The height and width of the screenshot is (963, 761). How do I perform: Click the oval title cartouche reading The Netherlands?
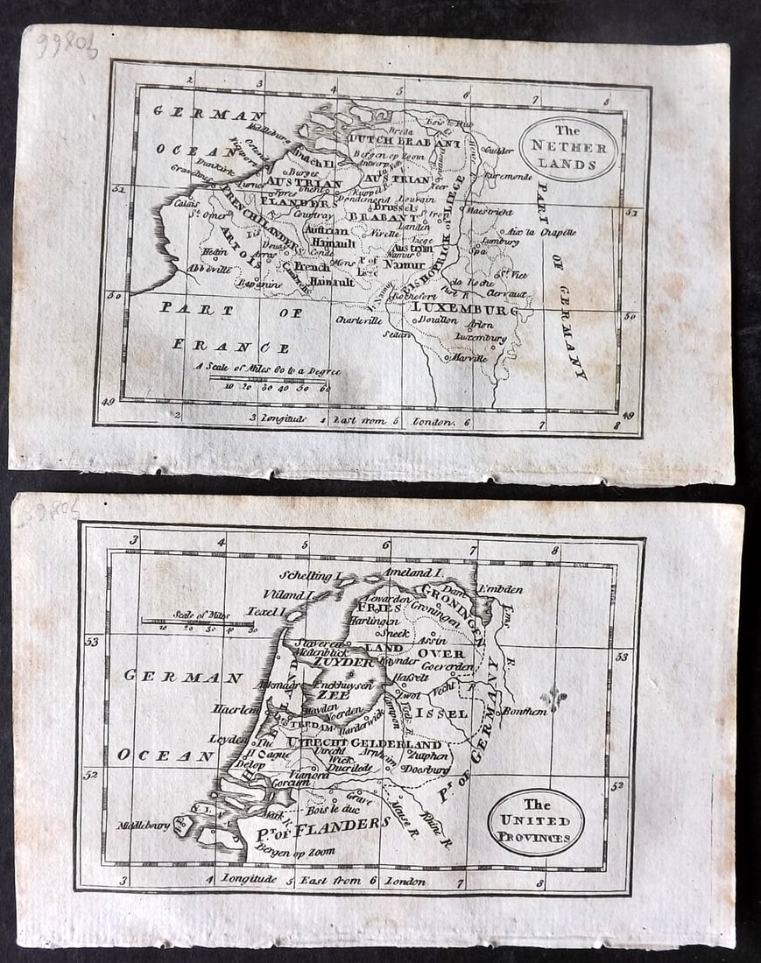tap(567, 148)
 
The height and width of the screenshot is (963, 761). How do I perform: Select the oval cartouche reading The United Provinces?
tap(535, 821)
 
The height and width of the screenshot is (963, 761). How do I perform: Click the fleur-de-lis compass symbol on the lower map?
tap(554, 698)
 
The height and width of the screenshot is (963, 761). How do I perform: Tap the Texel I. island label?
tap(267, 611)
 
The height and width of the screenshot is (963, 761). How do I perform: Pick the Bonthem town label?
tap(524, 712)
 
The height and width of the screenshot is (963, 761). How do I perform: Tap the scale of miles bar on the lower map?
tap(198, 622)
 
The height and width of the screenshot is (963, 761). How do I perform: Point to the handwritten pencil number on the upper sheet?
tap(67, 46)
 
